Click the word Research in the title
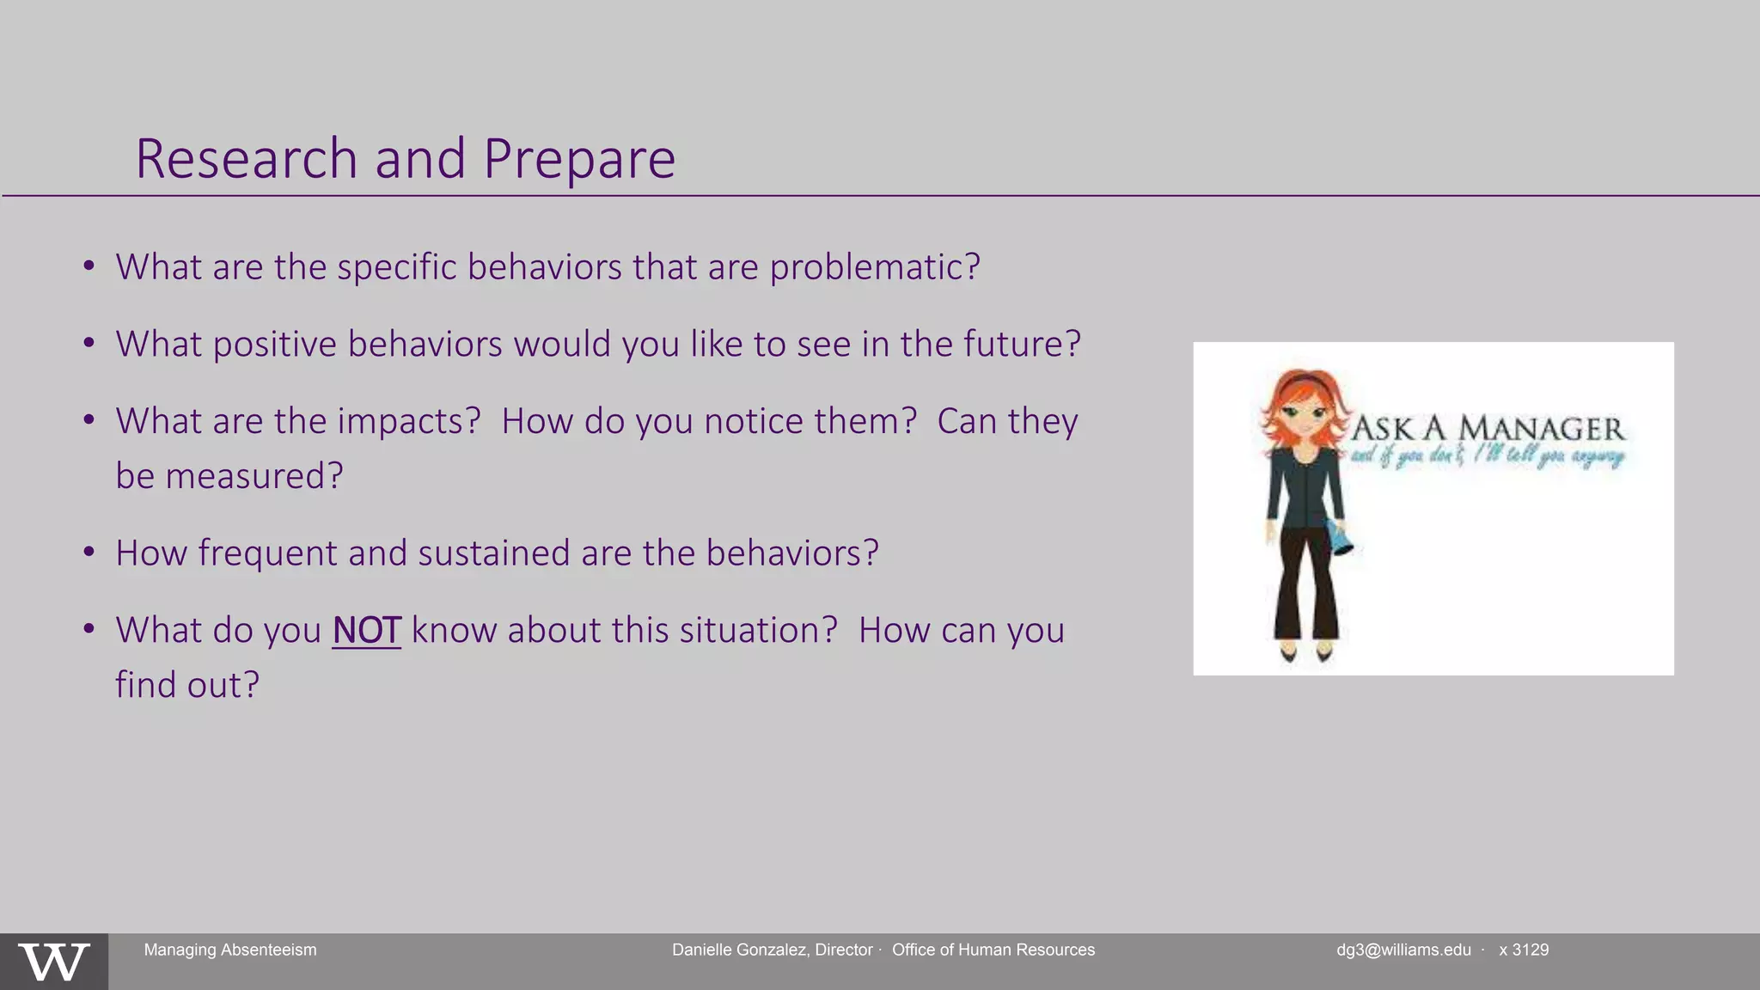point(246,159)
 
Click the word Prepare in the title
point(579,161)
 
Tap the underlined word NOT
point(366,631)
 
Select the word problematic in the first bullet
point(874,267)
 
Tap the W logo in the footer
point(53,962)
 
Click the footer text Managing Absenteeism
point(230,950)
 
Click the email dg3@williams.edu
point(1403,950)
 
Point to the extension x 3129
point(1524,950)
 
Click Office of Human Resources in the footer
point(993,950)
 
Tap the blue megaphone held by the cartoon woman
point(1341,538)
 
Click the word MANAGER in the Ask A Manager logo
point(1542,429)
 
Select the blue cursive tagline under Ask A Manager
point(1487,455)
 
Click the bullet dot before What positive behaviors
point(89,344)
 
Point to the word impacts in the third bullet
point(408,422)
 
